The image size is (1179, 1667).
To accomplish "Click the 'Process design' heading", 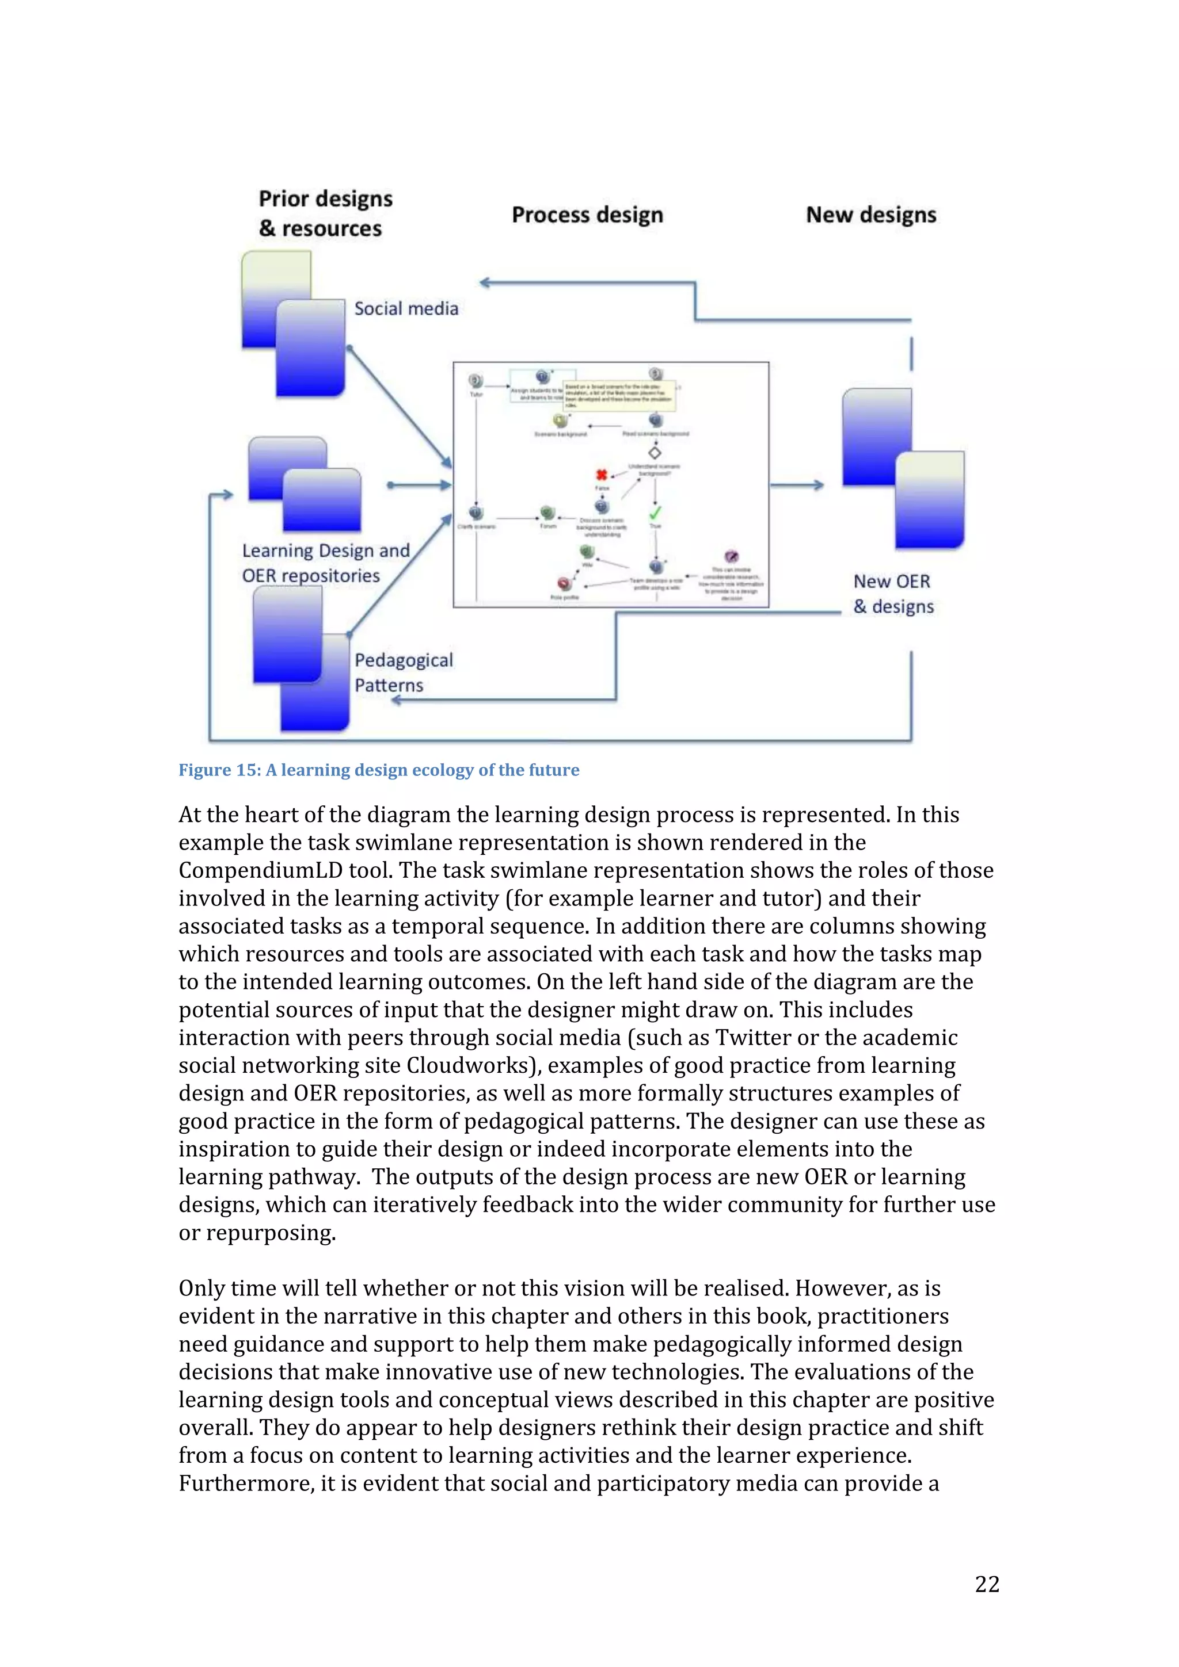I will pos(587,215).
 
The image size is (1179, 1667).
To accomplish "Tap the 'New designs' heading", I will pos(870,215).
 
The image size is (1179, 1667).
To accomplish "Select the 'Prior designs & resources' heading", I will pos(325,213).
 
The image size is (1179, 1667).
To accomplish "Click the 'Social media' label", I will pos(406,308).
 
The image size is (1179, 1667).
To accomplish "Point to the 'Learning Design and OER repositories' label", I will pos(325,563).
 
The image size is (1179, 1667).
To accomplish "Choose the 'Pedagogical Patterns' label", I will pos(403,672).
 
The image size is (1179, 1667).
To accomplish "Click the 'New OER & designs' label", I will pos(893,594).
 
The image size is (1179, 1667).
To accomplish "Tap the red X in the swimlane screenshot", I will pos(602,475).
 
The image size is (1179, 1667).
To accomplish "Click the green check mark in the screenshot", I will pos(655,513).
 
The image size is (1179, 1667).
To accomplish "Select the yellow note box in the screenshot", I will pos(619,396).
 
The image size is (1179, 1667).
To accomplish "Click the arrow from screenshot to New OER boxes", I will pos(797,485).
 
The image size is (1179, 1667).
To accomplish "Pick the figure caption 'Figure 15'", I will pos(378,770).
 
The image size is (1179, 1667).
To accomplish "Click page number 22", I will pos(987,1584).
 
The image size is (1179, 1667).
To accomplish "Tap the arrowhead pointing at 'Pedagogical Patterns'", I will pos(396,700).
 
